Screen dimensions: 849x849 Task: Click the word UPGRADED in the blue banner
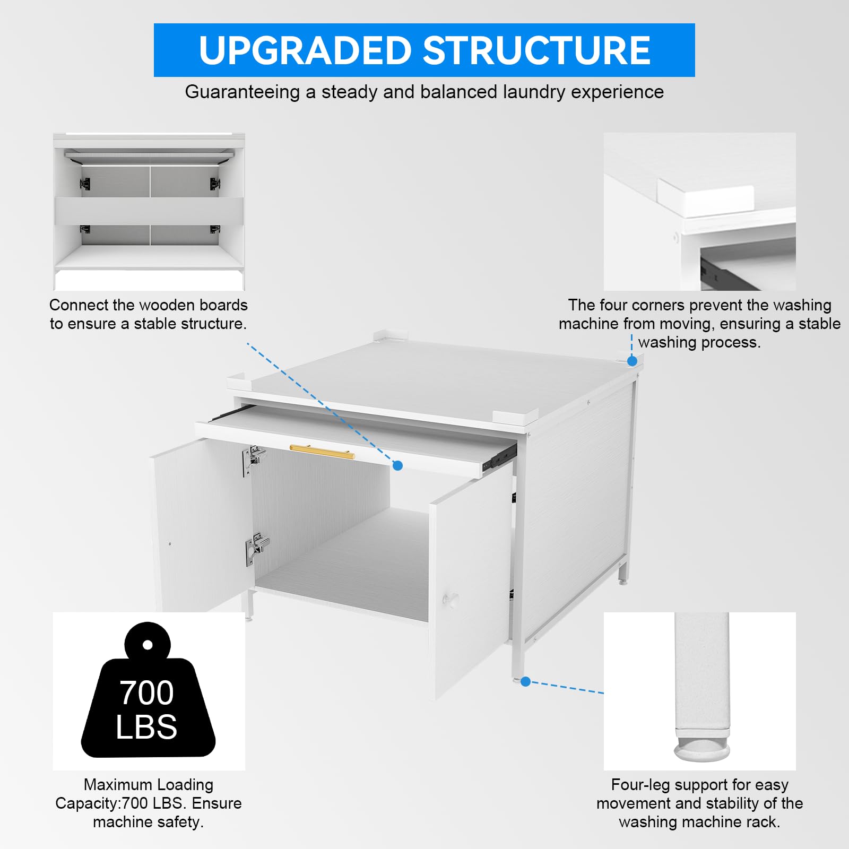[x=306, y=51]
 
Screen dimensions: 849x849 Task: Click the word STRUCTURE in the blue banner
[x=537, y=51]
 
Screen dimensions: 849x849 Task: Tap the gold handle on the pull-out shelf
[x=322, y=452]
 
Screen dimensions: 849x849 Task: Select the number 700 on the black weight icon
[x=146, y=692]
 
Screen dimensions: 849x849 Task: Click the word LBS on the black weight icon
[x=146, y=727]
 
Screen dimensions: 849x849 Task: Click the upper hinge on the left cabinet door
[x=254, y=460]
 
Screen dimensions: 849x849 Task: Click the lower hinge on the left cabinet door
[x=257, y=549]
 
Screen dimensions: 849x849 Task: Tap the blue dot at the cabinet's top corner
[x=632, y=361]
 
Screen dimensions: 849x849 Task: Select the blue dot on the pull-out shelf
[x=397, y=465]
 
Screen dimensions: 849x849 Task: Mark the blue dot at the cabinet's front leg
[x=525, y=681]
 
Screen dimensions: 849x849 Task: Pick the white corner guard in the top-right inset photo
[x=706, y=196]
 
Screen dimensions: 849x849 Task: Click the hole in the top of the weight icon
[x=148, y=645]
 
